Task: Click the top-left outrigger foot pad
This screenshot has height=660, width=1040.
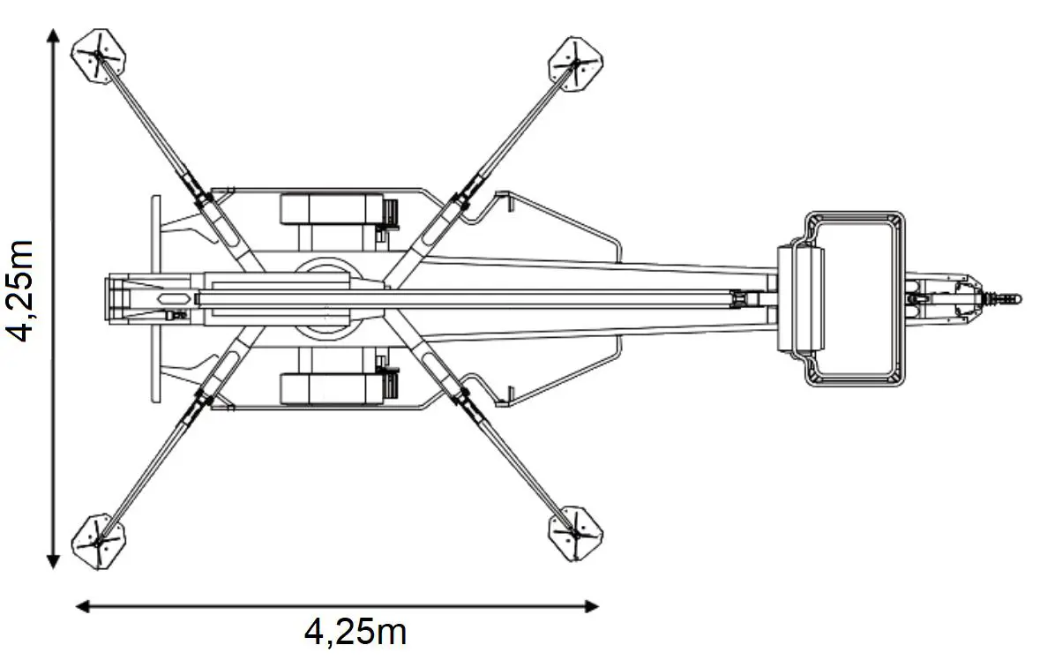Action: [100, 56]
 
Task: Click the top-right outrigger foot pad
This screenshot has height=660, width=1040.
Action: [576, 64]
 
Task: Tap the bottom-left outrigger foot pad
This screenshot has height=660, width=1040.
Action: [99, 541]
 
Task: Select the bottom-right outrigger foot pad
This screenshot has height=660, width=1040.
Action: [576, 533]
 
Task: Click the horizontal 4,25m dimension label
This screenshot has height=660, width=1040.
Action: [355, 631]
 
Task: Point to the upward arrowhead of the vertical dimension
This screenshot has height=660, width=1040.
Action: [53, 35]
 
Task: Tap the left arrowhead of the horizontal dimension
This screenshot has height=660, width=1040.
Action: [82, 605]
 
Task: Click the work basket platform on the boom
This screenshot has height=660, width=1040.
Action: [854, 298]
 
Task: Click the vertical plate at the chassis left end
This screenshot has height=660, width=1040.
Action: [156, 298]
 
